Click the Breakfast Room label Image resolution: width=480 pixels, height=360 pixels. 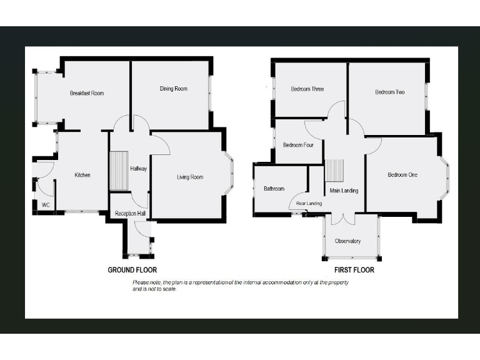click(87, 93)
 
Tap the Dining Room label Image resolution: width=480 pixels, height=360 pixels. click(173, 89)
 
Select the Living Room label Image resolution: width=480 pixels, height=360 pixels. click(189, 177)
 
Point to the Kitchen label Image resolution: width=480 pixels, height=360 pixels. click(82, 175)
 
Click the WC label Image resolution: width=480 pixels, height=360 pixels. click(46, 205)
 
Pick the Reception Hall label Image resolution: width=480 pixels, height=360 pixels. click(130, 214)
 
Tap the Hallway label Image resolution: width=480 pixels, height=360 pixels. click(138, 169)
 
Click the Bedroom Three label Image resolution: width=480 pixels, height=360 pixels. click(307, 89)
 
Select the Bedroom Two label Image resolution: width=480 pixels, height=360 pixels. click(389, 92)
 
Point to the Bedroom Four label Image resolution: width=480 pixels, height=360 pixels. click(298, 145)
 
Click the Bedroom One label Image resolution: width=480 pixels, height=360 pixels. click(402, 175)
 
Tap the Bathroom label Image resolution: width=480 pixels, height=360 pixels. click(274, 189)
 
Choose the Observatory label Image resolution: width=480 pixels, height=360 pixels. click(348, 241)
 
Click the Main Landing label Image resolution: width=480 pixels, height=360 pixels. click(344, 191)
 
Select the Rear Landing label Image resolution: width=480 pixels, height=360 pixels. click(309, 204)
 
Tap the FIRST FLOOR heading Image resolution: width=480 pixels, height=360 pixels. click(354, 271)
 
